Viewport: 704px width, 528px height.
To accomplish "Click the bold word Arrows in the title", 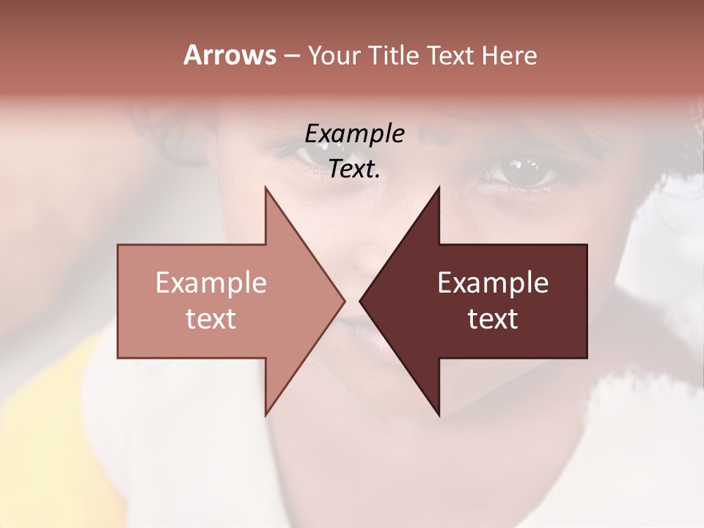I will (x=230, y=55).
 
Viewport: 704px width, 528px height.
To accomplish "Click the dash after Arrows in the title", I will (x=291, y=56).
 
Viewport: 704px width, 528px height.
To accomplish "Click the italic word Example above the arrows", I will (x=355, y=133).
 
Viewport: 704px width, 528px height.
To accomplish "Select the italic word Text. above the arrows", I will (x=355, y=169).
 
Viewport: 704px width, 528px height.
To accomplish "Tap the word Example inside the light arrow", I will (x=211, y=283).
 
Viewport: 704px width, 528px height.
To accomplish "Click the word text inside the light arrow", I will (x=211, y=318).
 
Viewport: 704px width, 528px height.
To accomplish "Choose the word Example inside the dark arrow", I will (x=493, y=283).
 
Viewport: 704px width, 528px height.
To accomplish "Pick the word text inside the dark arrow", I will (x=493, y=318).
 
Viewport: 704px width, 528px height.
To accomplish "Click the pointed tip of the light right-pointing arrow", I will (x=344, y=301).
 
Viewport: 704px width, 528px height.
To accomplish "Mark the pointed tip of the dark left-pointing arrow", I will (x=360, y=301).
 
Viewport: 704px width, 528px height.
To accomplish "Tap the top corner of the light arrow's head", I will (x=265, y=188).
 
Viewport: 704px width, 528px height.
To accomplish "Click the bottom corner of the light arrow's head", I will (x=265, y=415).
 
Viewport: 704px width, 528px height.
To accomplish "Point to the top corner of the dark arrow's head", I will (x=439, y=188).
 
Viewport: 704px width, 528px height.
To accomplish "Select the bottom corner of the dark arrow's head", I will (x=439, y=415).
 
